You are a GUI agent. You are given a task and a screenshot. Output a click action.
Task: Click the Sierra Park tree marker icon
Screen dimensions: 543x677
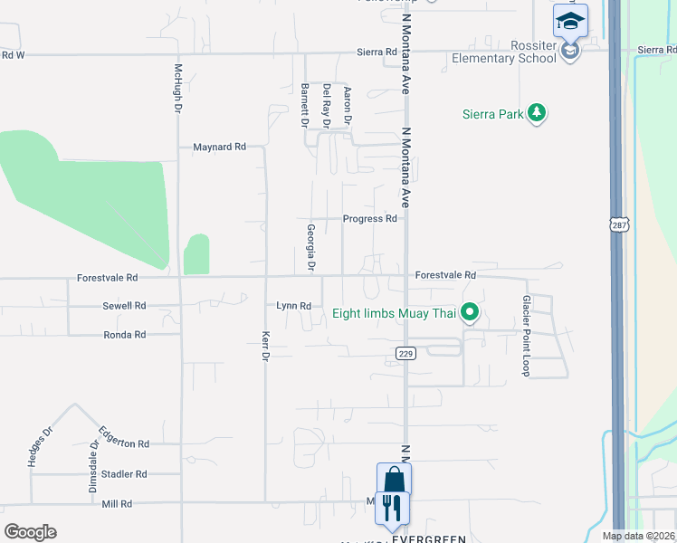(539, 113)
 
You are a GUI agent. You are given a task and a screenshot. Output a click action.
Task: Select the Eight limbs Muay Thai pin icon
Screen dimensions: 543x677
(469, 314)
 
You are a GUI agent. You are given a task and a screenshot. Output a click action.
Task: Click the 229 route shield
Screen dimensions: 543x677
(405, 353)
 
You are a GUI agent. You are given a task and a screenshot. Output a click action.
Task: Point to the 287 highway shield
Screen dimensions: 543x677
(618, 224)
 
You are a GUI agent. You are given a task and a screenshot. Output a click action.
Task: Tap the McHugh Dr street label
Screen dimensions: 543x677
(178, 88)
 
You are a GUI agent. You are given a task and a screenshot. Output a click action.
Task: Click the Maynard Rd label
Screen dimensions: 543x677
(219, 147)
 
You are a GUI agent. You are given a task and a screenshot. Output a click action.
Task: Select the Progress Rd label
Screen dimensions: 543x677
(369, 219)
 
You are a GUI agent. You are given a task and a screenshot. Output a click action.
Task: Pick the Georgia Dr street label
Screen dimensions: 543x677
(310, 248)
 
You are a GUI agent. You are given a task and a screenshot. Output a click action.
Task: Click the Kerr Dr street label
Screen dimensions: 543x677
(265, 345)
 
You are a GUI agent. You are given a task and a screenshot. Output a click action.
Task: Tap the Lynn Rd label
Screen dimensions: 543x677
(293, 306)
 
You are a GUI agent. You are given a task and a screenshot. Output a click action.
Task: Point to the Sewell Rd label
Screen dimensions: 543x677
(124, 306)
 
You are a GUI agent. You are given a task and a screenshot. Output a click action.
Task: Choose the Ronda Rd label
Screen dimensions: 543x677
(124, 335)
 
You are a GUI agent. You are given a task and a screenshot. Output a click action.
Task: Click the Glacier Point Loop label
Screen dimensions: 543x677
(525, 335)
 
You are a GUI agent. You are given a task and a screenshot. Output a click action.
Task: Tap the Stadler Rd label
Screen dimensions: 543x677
(124, 473)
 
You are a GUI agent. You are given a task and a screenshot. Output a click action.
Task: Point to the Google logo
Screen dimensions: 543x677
(30, 531)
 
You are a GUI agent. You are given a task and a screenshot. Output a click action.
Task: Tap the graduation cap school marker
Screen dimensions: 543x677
(570, 20)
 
